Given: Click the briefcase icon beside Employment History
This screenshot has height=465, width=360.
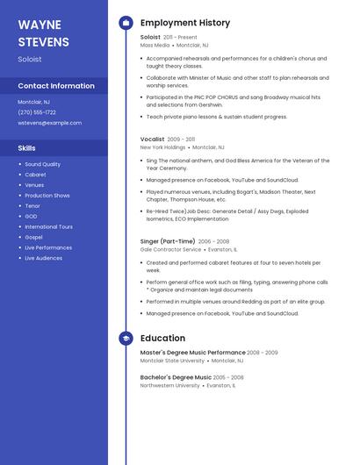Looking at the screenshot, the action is point(126,23).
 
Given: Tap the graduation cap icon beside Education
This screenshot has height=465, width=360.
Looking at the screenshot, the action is point(126,339).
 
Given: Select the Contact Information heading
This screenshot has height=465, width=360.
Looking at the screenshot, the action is point(56,86).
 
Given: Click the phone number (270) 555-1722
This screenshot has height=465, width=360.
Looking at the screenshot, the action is point(37,112).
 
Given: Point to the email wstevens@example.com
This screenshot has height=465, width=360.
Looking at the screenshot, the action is point(49,123).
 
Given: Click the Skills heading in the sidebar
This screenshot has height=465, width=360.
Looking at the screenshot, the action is point(27,148).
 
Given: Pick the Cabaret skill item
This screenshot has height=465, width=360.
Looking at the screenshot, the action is point(35,175).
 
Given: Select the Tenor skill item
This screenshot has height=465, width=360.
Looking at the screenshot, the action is point(32,206).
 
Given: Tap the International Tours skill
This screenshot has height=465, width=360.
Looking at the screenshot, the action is point(48,226).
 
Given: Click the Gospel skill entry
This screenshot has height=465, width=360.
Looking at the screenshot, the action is point(33,237).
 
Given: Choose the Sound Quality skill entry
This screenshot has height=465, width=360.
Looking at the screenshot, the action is point(42,164).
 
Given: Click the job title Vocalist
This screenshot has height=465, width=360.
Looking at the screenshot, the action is point(151,139).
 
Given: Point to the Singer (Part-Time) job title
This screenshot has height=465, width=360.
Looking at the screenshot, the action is point(168,241).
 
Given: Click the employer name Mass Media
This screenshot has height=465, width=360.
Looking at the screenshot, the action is point(155,45).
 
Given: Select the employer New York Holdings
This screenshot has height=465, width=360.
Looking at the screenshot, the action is point(162,147).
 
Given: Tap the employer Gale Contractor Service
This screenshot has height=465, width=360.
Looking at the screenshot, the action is point(170,249).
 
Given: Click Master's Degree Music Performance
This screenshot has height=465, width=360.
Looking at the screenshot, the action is point(192,352).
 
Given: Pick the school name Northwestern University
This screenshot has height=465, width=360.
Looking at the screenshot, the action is point(169,385).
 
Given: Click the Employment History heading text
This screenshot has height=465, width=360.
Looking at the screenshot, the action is point(185,23).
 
